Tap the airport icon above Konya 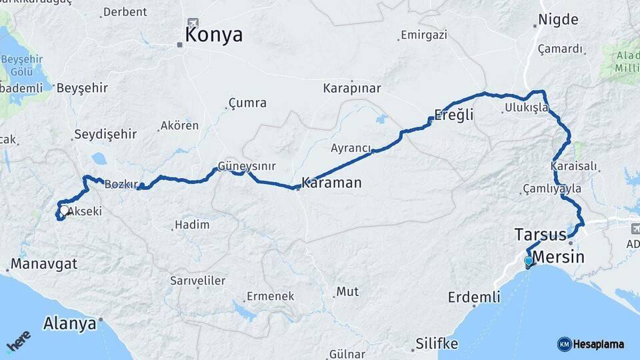[x=193, y=23]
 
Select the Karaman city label [x=331, y=182]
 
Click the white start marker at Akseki [x=63, y=211]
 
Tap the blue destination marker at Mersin [x=529, y=261]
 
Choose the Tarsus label [x=540, y=234]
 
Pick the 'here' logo [x=18, y=341]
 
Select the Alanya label [x=69, y=324]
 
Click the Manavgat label [x=43, y=264]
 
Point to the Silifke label [x=437, y=343]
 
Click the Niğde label [x=558, y=19]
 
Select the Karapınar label [x=351, y=88]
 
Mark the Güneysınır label [x=246, y=167]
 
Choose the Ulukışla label [x=526, y=107]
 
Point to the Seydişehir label [x=105, y=134]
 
